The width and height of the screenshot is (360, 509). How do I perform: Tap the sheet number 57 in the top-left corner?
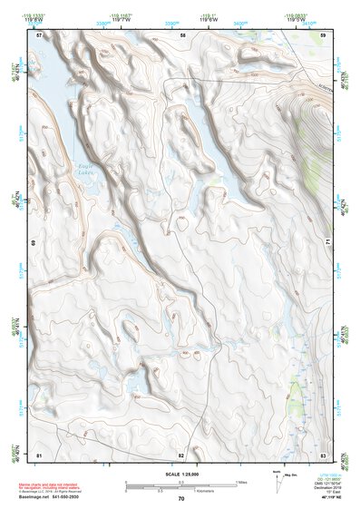pos(39,34)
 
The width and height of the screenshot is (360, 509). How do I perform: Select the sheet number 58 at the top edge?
pos(182,34)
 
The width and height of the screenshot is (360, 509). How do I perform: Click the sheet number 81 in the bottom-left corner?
pos(39,454)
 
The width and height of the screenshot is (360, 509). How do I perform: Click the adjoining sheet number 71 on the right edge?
pos(328,244)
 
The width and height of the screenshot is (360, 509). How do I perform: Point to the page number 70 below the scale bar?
pos(181,499)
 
